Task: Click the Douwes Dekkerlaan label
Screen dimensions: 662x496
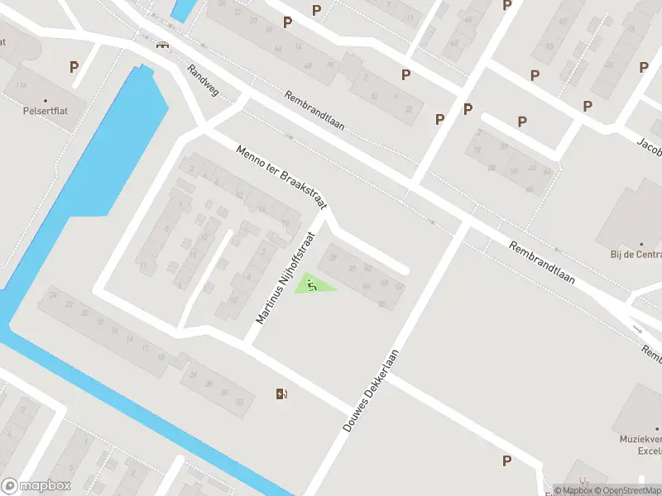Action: click(371, 392)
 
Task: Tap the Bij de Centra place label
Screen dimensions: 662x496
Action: click(636, 255)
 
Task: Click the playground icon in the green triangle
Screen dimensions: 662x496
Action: click(312, 285)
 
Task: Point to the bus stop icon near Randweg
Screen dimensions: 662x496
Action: click(163, 45)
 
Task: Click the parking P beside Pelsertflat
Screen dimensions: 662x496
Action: click(74, 67)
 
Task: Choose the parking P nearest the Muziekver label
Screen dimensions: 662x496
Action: click(506, 460)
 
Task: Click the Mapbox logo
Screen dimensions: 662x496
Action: click(36, 486)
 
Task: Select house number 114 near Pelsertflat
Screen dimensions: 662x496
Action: click(21, 86)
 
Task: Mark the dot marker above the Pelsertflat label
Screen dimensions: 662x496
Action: click(46, 101)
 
